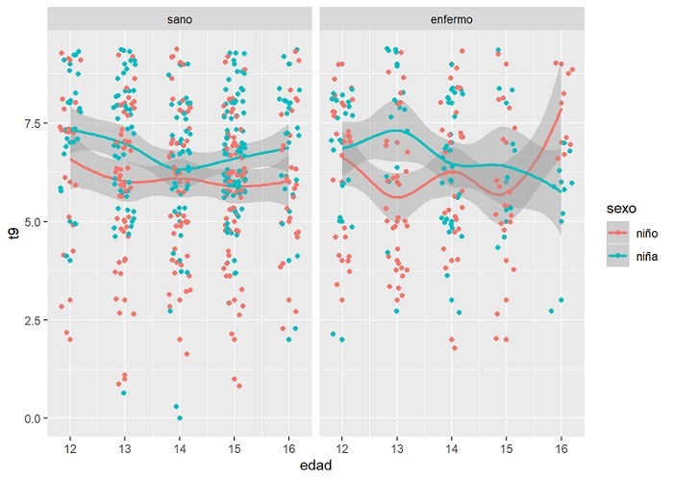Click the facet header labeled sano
[x=177, y=19]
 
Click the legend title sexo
[x=611, y=206]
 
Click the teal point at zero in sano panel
[x=180, y=418]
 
